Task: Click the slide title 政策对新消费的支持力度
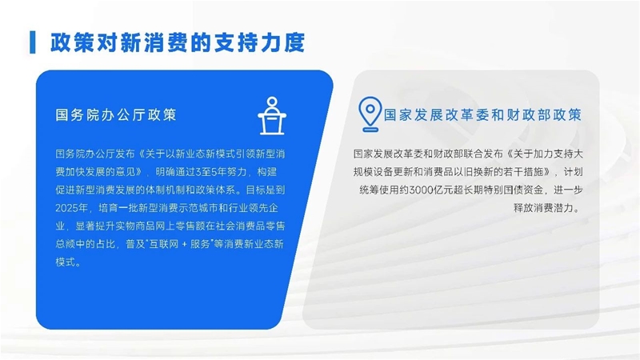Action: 178,42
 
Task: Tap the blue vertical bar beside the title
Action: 33,42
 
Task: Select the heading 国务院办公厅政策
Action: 116,114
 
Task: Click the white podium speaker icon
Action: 272,116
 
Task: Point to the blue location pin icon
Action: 370,114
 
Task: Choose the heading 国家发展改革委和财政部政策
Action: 482,114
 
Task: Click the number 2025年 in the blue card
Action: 72,208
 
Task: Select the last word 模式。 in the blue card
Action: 68,262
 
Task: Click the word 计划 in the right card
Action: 573,172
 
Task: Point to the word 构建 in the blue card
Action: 267,172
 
